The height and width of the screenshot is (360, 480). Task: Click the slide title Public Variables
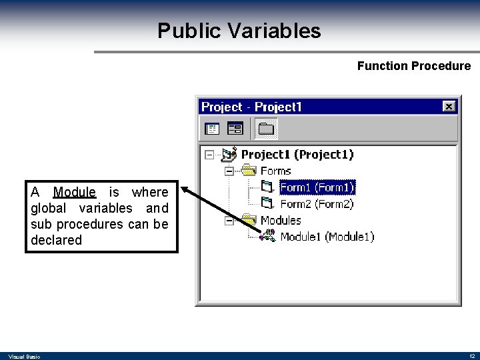[239, 31]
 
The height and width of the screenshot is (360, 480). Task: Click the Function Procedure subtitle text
[413, 66]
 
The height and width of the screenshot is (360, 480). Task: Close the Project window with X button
[449, 107]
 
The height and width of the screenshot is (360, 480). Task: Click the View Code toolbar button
[212, 128]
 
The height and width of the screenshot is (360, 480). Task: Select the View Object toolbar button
[235, 128]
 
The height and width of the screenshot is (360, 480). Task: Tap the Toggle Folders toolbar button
[266, 128]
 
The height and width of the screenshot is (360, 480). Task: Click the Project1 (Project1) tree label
[297, 154]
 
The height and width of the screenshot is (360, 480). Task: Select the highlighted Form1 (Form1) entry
[317, 187]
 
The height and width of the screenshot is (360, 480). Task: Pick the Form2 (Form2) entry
[317, 204]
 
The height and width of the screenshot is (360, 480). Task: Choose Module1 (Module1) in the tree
[327, 237]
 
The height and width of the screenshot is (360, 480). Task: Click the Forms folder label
[275, 171]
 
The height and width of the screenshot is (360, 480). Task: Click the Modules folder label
[281, 220]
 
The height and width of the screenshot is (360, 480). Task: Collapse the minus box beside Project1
[209, 155]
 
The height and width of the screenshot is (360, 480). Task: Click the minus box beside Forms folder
[229, 171]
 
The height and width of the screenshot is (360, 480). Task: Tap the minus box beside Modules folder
[229, 221]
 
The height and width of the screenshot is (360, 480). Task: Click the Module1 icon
[267, 236]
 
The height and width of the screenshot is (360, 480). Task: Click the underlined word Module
[75, 192]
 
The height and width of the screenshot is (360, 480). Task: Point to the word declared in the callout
[56, 240]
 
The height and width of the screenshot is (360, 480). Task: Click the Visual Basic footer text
[24, 357]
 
